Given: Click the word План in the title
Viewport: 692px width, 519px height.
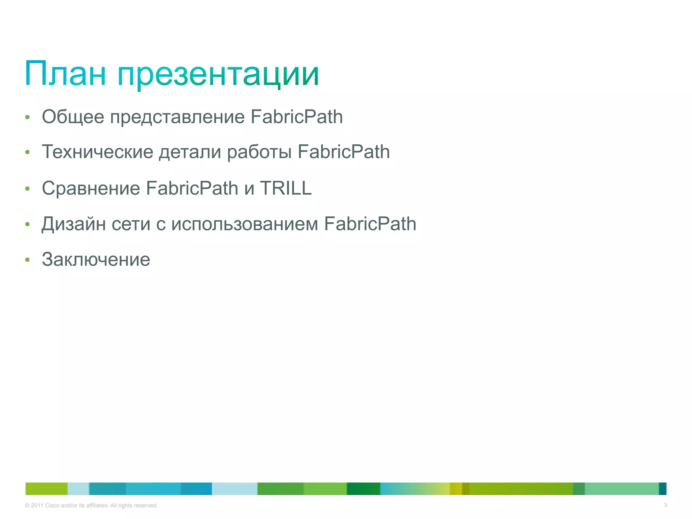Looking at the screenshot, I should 65,74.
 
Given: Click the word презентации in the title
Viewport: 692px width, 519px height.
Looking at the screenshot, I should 218,75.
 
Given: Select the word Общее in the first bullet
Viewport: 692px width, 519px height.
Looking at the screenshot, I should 73,117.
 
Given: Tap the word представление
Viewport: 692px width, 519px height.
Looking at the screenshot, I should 177,118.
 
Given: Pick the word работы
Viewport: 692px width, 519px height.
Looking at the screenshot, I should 259,152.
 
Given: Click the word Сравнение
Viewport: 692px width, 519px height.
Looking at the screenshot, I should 91,189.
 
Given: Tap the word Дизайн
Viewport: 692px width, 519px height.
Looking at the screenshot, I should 74,224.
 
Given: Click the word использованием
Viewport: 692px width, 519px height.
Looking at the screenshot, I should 245,224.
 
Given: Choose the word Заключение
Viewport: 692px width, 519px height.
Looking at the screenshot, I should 96,259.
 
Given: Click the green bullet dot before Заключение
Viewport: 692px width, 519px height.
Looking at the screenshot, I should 27,260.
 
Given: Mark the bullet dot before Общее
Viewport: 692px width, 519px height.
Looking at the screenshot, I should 27,117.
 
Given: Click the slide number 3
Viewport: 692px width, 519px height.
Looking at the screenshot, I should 665,505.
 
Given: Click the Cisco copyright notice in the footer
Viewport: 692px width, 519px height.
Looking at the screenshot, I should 91,505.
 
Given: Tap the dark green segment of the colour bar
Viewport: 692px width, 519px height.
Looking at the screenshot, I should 363,489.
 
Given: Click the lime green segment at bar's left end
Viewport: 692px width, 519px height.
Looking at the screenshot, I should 47,489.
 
